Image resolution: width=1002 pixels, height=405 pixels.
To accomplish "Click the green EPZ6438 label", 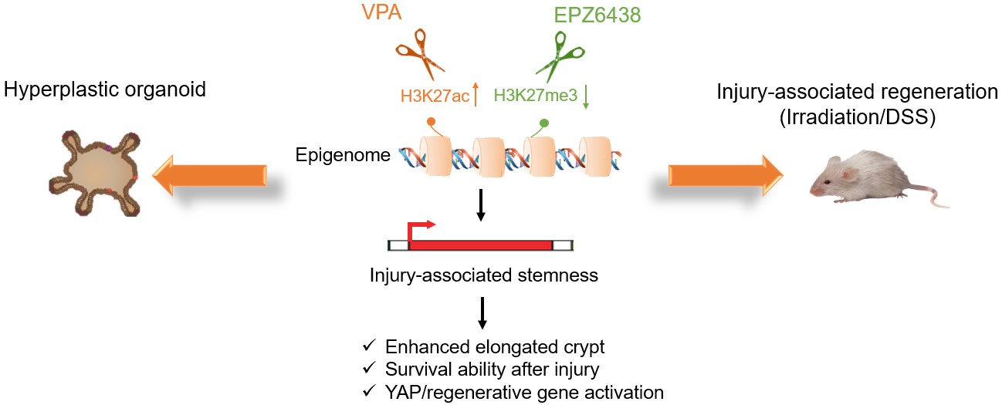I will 597,15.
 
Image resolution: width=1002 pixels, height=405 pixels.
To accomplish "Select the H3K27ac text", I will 434,96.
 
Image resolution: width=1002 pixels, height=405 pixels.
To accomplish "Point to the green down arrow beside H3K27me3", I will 586,97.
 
